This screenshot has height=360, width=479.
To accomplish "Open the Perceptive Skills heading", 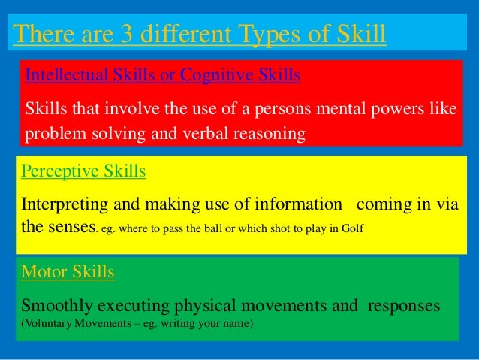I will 83,171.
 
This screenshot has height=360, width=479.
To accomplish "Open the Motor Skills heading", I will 68,272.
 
